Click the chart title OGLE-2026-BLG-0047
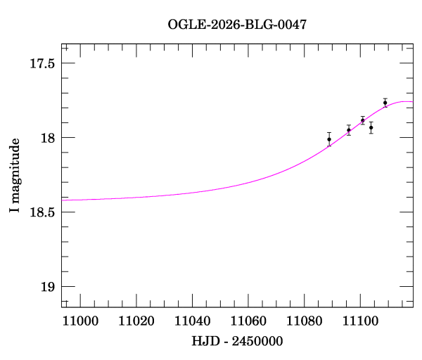[237, 25]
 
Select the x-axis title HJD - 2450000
[237, 341]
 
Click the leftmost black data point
[329, 139]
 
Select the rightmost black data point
[385, 103]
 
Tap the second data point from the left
[349, 130]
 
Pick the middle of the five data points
[363, 120]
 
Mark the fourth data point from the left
[371, 128]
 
